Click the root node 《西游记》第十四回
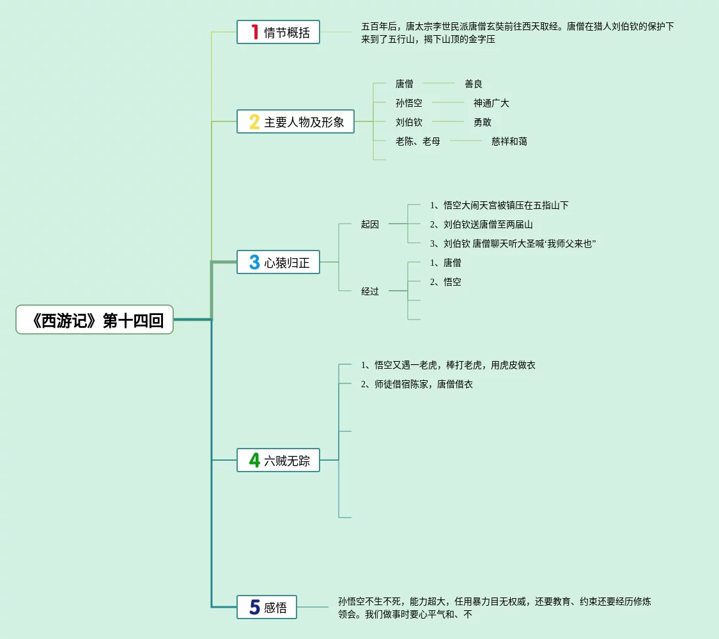(95, 319)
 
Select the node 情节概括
(278, 32)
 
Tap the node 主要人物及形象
(295, 121)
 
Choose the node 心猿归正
(278, 262)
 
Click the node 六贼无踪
(278, 460)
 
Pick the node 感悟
(267, 607)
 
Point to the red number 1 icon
(254, 32)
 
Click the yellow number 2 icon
(254, 121)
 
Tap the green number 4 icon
(254, 460)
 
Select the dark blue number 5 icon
(254, 607)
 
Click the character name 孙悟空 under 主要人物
(408, 103)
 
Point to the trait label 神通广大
(491, 103)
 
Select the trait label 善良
(473, 84)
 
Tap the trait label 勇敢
(482, 122)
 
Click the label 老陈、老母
(417, 141)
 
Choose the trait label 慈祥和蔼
(509, 141)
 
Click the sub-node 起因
(369, 224)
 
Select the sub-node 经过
(369, 291)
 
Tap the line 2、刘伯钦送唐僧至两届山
(481, 224)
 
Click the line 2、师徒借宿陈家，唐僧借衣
(417, 384)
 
